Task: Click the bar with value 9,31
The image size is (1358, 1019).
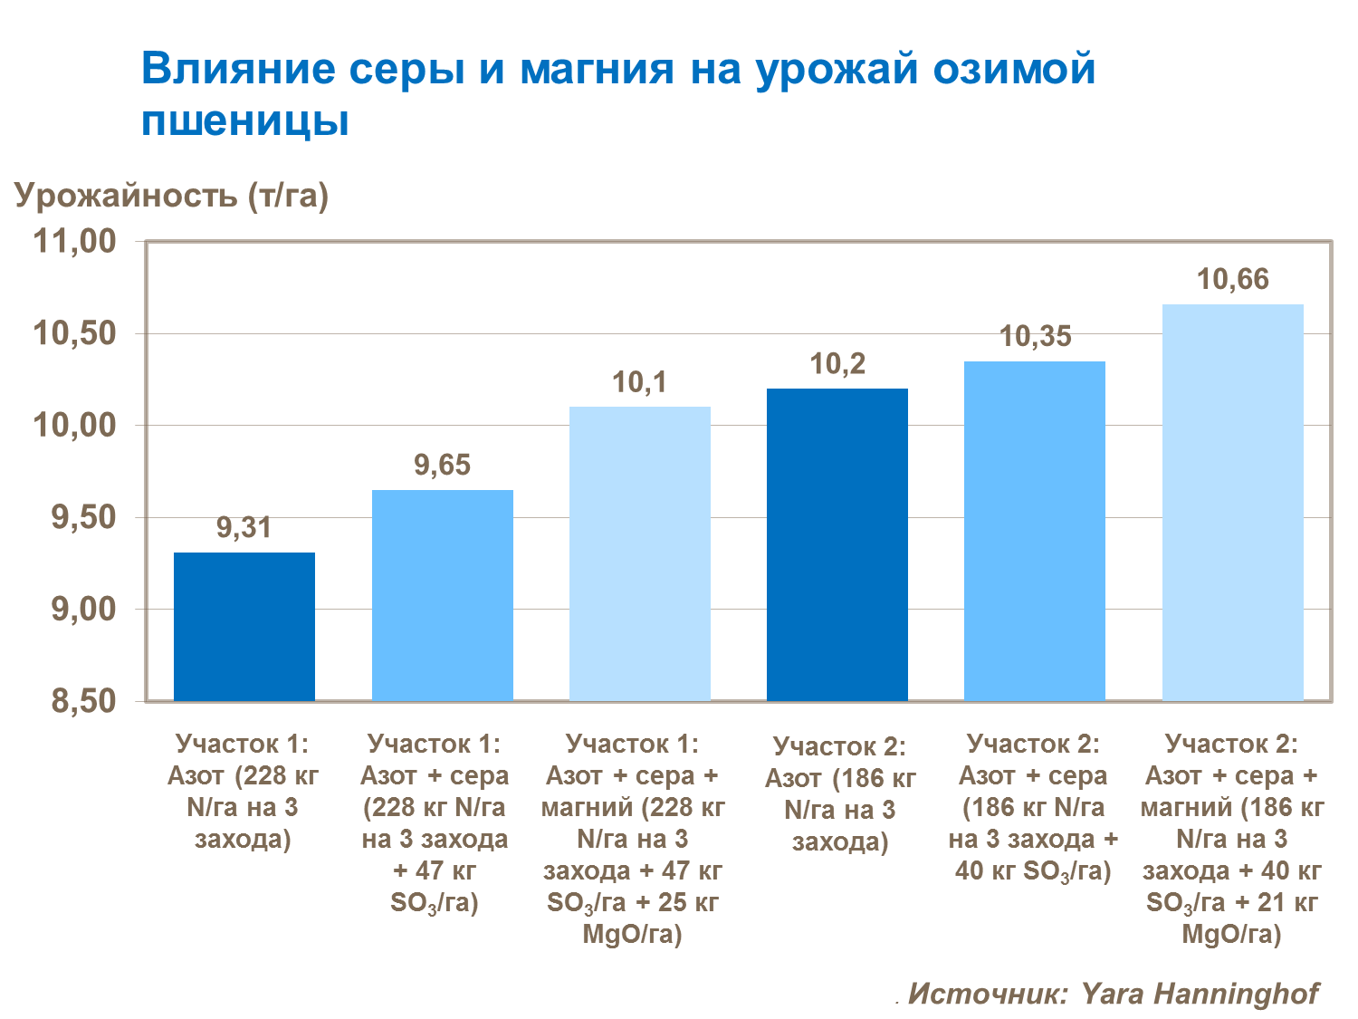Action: [244, 627]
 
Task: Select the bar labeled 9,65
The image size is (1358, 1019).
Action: [443, 595]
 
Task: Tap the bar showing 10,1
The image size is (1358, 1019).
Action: [640, 553]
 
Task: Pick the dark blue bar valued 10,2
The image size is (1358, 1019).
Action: [837, 544]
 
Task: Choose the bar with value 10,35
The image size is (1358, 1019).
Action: [1035, 531]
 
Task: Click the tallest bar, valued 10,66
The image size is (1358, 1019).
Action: [1232, 502]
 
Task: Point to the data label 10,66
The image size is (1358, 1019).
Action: [1232, 280]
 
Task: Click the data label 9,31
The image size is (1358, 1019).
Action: [244, 527]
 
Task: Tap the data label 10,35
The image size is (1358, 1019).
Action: [1035, 337]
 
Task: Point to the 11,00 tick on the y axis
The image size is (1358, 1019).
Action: [75, 241]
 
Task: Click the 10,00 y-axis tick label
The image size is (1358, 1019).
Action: [75, 425]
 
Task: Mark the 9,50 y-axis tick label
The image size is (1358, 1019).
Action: [83, 517]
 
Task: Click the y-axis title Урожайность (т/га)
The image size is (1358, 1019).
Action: [171, 195]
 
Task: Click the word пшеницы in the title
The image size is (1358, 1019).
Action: [245, 120]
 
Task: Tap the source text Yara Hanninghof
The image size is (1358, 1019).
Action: [1200, 993]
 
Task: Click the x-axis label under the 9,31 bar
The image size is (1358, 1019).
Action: [244, 792]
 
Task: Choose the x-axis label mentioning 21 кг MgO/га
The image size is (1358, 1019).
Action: [1232, 839]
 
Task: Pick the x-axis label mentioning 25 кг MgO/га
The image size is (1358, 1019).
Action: [633, 839]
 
